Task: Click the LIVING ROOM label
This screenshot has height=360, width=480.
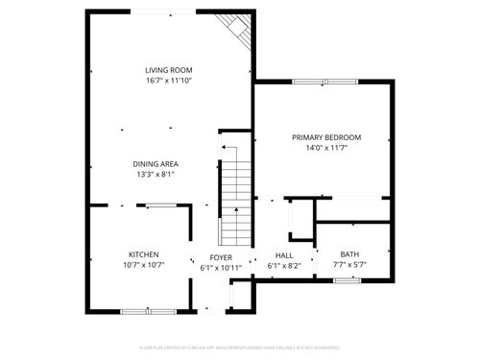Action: [x=168, y=70]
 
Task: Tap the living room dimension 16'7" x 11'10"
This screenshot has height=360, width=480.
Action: [x=168, y=82]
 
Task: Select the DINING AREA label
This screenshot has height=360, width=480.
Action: [x=156, y=163]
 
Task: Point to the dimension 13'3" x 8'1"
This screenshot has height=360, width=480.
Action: [x=156, y=175]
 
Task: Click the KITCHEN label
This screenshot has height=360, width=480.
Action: [x=144, y=254]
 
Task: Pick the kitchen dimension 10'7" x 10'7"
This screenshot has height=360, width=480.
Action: [x=144, y=265]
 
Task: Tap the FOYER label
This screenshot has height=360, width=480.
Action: [x=221, y=257]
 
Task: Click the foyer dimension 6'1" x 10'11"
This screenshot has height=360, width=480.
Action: [x=221, y=268]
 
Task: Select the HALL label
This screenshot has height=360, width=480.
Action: [x=284, y=254]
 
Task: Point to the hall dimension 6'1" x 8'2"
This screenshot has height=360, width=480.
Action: [x=284, y=265]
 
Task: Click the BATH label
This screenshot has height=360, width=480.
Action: [x=348, y=253]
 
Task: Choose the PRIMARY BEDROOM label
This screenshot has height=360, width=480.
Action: [x=325, y=137]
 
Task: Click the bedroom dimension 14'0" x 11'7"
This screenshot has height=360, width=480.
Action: [x=325, y=148]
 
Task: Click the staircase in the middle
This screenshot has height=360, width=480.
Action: [x=235, y=202]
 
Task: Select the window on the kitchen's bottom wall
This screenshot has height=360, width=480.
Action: [x=148, y=310]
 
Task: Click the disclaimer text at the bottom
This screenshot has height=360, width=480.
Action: [x=239, y=348]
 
